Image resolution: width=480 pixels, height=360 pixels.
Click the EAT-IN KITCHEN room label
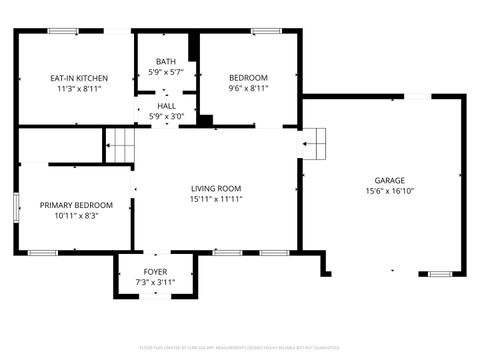pos(79,78)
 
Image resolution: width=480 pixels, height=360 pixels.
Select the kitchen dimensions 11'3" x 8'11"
pos(79,88)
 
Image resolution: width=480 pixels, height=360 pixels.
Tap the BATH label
pos(165,62)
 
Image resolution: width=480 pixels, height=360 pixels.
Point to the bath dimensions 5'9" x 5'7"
pos(165,72)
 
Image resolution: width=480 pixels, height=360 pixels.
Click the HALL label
pos(165,104)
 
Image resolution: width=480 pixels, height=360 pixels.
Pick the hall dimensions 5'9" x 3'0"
pos(165,114)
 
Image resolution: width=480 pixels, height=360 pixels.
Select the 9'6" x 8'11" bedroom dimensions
pos(248,88)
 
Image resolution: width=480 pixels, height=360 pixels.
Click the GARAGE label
pos(389,181)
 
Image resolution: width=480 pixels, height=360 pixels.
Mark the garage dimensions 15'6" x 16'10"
pos(389,191)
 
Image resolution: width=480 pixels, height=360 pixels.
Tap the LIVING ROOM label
pos(217,188)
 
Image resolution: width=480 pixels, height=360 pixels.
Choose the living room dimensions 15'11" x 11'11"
pos(217,198)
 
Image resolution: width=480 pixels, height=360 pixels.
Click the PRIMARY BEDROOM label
pos(76,205)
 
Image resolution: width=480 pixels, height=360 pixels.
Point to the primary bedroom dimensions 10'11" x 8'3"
pos(76,215)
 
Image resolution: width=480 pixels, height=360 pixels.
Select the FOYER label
pos(155,272)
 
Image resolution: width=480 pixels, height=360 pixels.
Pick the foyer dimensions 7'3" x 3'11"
pos(155,283)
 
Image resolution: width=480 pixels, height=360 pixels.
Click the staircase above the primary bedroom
pos(120,146)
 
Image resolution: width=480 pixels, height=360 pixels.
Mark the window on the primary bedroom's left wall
pos(15,207)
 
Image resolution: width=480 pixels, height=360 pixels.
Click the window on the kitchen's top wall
pos(63,31)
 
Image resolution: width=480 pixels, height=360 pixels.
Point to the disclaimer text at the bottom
pos(240,347)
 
